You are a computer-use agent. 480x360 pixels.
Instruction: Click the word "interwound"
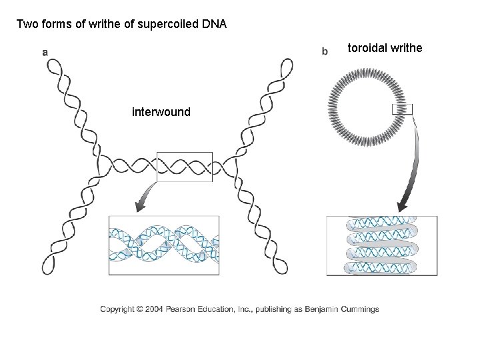tap(161, 112)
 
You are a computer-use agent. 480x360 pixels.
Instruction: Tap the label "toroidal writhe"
tap(385, 48)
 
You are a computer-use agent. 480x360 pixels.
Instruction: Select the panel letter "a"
tap(44, 51)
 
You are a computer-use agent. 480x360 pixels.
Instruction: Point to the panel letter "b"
tap(325, 51)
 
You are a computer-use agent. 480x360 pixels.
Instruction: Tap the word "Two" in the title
tap(27, 25)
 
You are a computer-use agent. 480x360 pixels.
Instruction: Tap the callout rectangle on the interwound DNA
tap(184, 167)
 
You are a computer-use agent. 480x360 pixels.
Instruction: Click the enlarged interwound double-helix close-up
tap(164, 245)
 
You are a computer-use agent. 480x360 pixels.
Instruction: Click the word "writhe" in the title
tap(93, 25)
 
